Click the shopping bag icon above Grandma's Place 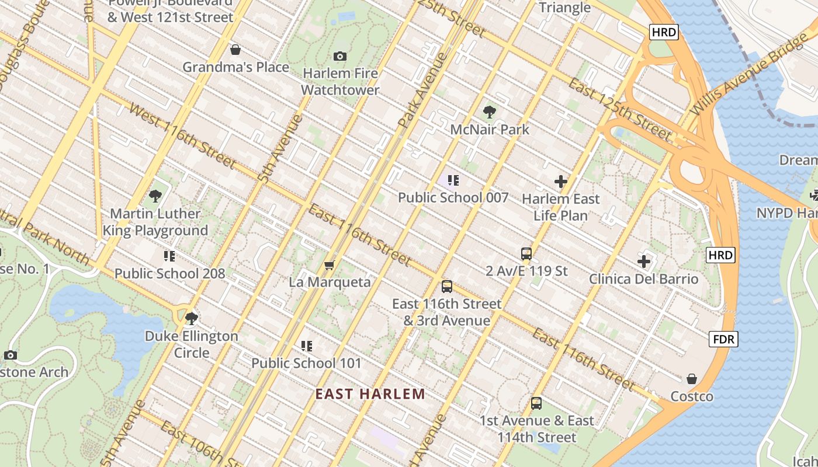coord(235,50)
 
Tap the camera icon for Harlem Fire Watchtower coord(340,56)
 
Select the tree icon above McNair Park coord(490,112)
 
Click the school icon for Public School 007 coord(453,180)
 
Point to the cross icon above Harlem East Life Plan coord(561,182)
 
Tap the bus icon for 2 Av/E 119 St coord(526,254)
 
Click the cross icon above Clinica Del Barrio coord(644,262)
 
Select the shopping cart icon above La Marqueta coord(330,266)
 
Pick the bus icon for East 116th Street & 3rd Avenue coord(447,287)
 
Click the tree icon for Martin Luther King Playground coord(155,196)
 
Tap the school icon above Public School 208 coord(169,256)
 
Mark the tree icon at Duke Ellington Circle coord(191,319)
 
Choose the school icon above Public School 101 coord(307,346)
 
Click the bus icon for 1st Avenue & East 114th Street coord(536,403)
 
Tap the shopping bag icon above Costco coord(692,379)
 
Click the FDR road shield coord(723,339)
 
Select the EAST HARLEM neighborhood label coord(370,394)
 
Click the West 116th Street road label coord(182,135)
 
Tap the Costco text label coord(692,397)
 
